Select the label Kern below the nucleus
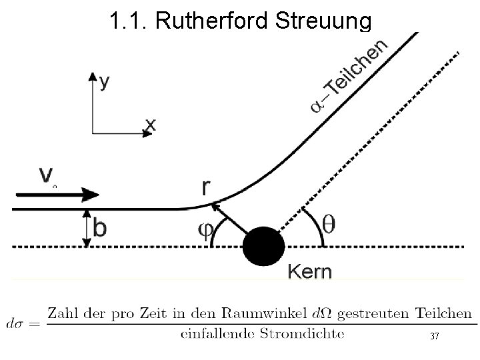click(309, 272)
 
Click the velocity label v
click(47, 176)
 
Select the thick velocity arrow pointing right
click(57, 195)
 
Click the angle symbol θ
click(329, 224)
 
